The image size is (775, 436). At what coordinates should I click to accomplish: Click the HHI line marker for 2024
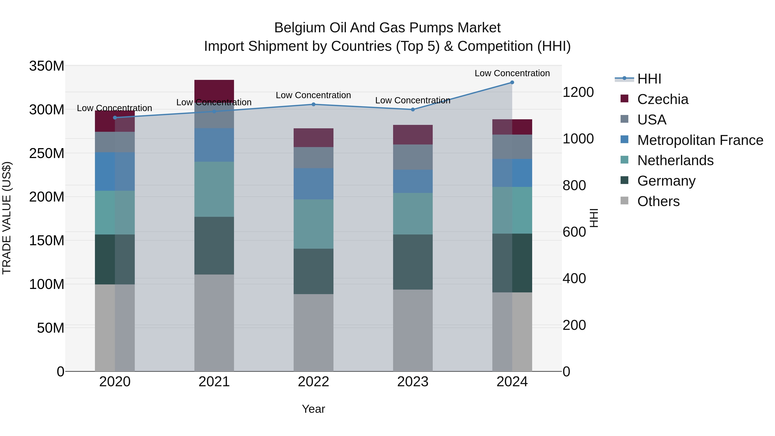coord(512,82)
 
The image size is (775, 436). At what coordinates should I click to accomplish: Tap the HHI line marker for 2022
coord(313,104)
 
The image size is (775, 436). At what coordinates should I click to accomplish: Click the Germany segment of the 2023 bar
coord(412,262)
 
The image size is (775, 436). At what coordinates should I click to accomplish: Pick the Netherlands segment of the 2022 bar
coord(313,224)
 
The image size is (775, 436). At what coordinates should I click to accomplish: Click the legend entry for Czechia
coord(662,99)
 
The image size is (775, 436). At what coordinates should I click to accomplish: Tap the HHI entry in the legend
coord(649,79)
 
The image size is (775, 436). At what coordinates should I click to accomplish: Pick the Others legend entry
coord(658,201)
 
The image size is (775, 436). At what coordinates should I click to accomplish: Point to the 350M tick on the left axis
coord(47,66)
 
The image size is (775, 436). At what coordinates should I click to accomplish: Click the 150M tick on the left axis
coord(47,240)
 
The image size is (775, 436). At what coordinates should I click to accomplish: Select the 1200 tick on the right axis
coord(578,92)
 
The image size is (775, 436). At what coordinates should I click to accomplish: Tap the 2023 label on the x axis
coord(412,382)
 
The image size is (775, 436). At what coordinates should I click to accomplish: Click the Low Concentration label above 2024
coord(512,73)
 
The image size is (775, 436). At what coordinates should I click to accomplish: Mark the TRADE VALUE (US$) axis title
coord(7,218)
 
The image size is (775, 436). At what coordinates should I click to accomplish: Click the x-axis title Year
coord(313,409)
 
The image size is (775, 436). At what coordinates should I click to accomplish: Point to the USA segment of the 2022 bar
coord(313,157)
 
